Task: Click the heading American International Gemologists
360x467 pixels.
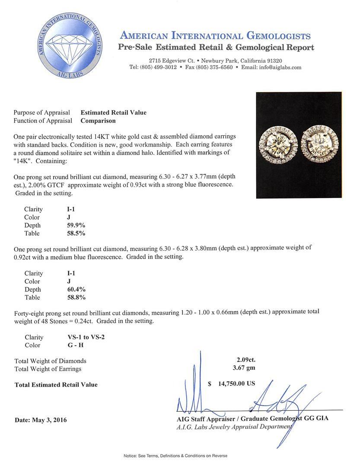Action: coord(215,36)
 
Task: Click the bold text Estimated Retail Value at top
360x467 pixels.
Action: coord(114,112)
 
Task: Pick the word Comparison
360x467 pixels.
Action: coord(98,121)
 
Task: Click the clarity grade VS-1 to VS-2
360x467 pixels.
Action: coord(83,337)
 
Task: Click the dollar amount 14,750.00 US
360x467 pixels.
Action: coord(237,383)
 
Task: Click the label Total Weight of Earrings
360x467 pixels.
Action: coord(48,369)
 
